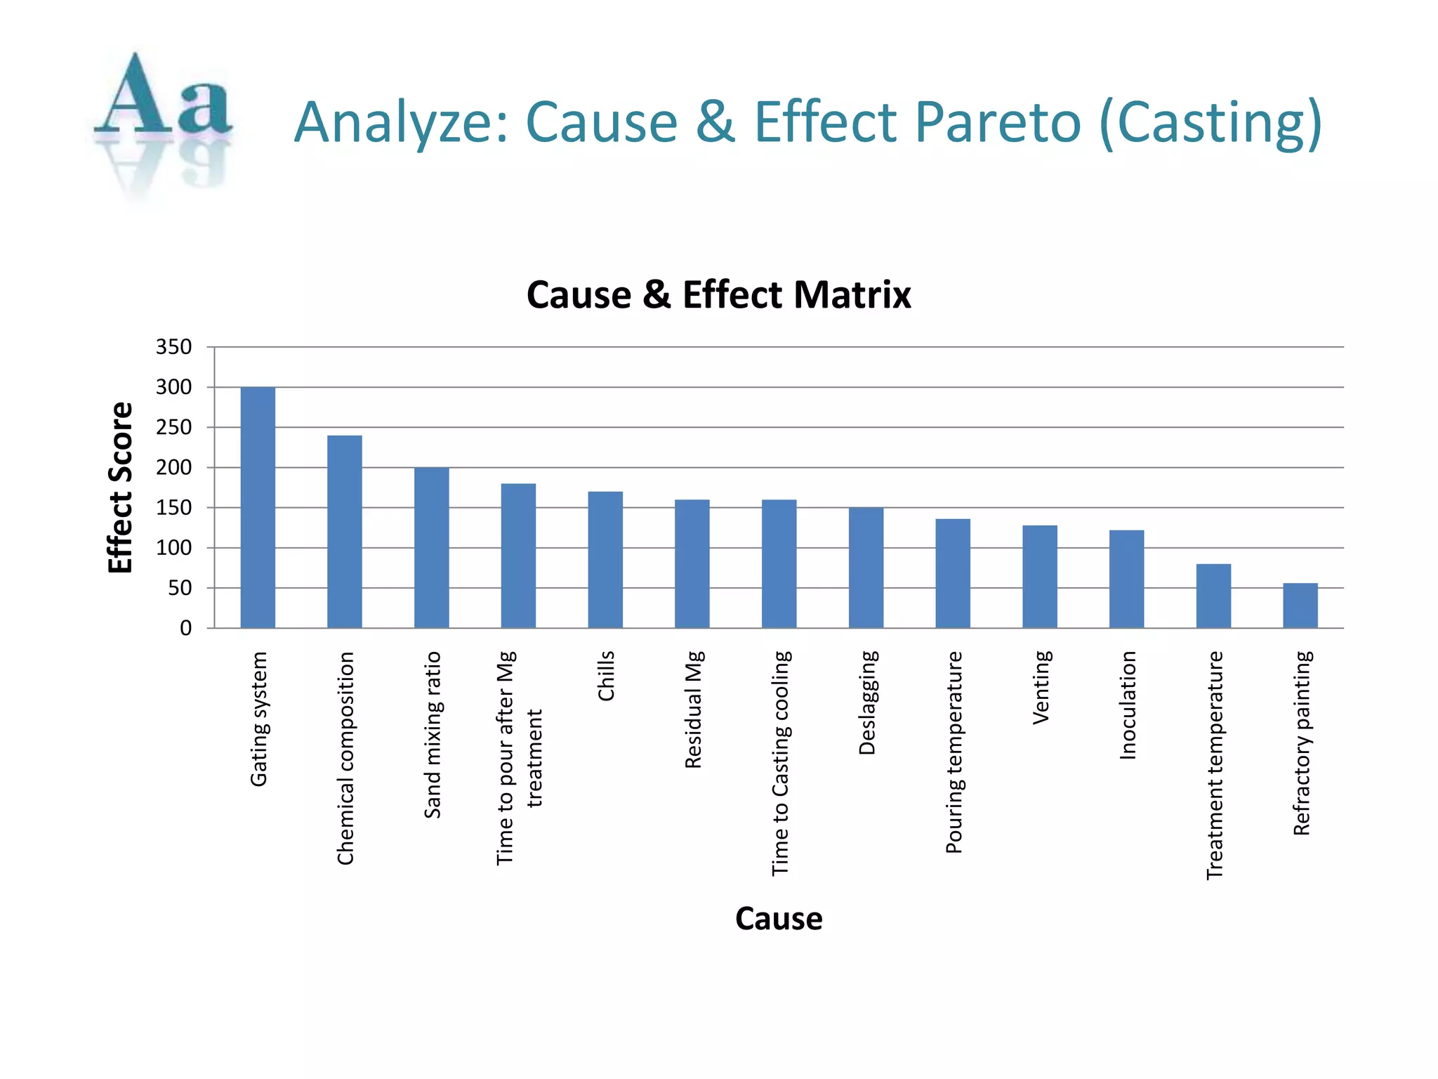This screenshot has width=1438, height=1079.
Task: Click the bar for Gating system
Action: coord(258,507)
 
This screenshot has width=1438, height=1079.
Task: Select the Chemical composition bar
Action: coord(345,532)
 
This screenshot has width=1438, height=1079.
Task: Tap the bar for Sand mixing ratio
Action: coord(431,547)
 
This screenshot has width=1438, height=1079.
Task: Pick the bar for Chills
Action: coord(605,560)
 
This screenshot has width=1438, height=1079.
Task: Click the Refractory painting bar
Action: coord(1300,606)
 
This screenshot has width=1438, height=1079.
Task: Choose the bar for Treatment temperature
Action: coord(1213,596)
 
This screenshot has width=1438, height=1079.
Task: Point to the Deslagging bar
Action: coord(866,568)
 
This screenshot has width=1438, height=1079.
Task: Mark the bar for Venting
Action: coord(1039,577)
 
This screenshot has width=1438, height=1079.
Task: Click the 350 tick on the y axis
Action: coord(173,347)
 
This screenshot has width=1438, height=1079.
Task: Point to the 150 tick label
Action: coord(173,508)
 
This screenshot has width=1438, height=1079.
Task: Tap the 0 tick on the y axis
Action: coord(185,628)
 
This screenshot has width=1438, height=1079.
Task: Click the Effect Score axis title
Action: coord(121,488)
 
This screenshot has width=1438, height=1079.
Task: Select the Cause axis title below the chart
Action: coord(779,919)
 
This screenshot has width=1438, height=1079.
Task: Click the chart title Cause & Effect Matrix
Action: coord(718,295)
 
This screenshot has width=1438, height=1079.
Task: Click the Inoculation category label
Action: coord(1127,705)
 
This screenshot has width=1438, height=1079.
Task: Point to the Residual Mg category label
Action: coord(693,709)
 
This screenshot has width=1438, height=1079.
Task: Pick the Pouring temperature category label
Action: coord(954,752)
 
